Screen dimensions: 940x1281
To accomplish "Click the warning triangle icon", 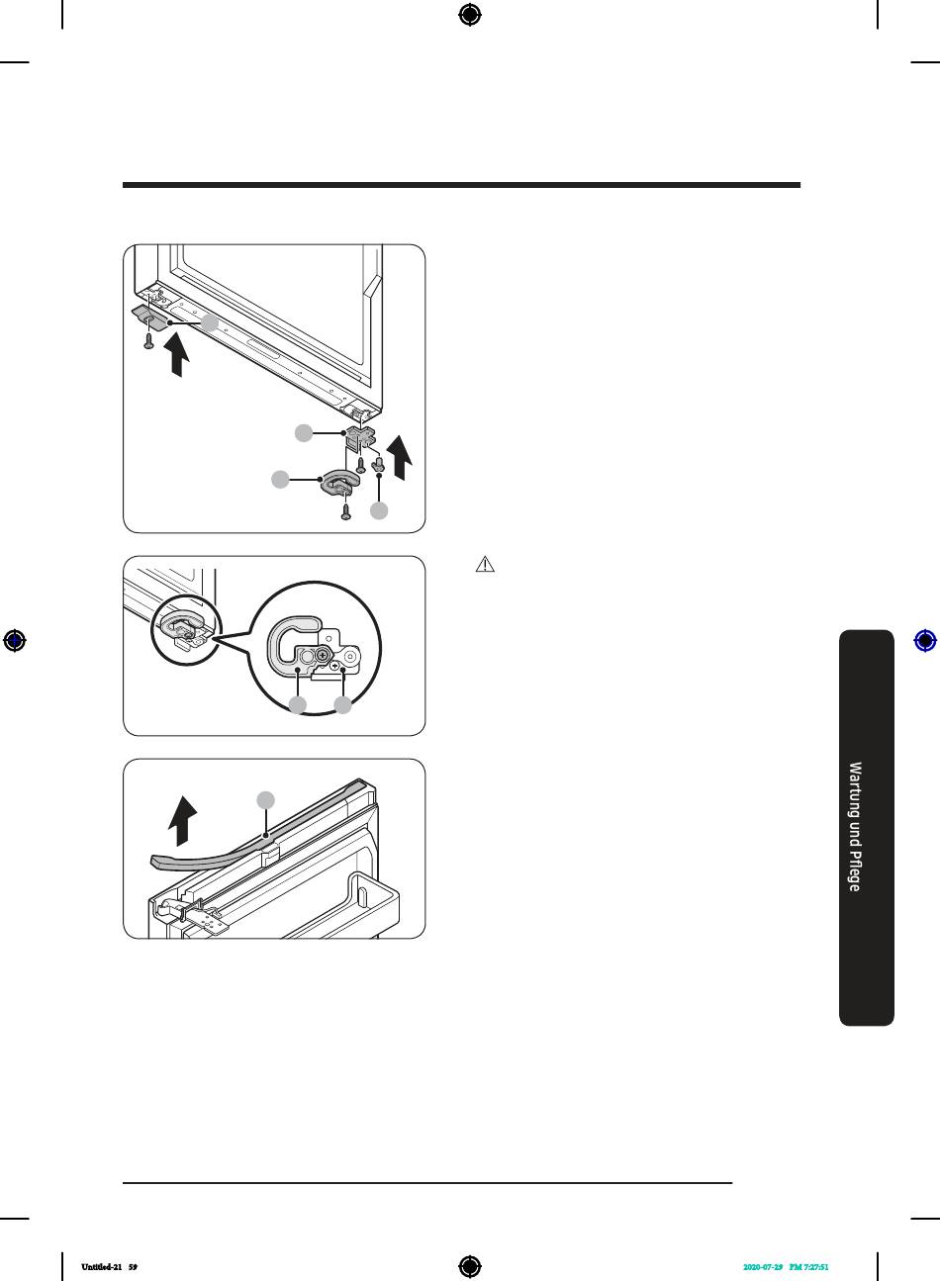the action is coord(485,565).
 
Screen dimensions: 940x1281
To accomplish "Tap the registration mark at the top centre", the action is coord(470,15).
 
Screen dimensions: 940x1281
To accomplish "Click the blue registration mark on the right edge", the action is coord(925,641).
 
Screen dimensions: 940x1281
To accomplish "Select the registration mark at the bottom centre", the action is coord(470,1266).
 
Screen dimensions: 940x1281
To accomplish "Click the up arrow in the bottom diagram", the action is coord(182,820).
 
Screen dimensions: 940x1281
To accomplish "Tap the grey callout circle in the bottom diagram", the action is coord(265,800).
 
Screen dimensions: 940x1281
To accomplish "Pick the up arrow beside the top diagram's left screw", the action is coord(177,355).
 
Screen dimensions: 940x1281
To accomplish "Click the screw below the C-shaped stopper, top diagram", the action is coord(345,511).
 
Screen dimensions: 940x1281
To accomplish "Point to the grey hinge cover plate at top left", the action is coord(149,317).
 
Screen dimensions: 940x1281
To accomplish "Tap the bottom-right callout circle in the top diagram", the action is coord(379,510).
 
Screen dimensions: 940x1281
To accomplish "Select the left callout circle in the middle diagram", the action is coord(298,705).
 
